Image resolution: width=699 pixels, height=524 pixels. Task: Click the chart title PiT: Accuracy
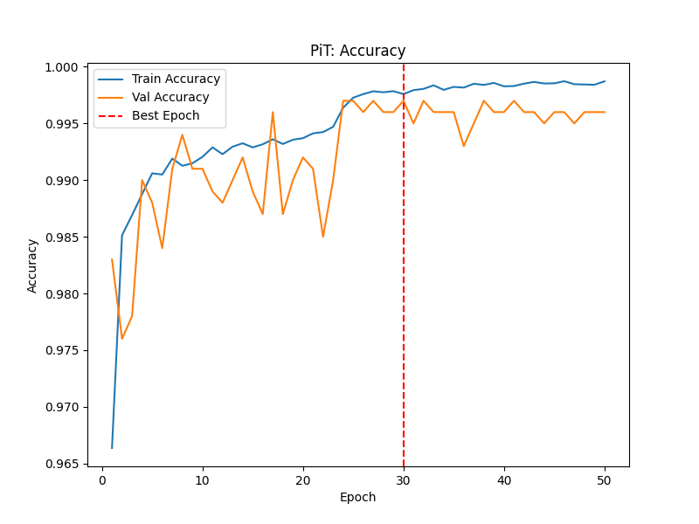point(357,51)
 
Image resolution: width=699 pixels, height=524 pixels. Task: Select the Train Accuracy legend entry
point(176,79)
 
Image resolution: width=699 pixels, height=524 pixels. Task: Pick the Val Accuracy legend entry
point(170,97)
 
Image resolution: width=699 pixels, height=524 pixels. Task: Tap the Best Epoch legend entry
point(165,115)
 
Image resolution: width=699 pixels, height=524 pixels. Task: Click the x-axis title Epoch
point(357,497)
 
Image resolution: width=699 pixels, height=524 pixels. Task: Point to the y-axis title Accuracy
point(32,265)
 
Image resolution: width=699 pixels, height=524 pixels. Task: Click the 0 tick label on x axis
point(102,480)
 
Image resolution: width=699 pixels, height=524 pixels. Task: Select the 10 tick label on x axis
point(203,480)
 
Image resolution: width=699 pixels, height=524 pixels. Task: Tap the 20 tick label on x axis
point(303,480)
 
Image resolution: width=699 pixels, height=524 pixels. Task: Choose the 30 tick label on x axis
point(404,480)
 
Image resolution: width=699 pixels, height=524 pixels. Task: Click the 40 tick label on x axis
point(504,480)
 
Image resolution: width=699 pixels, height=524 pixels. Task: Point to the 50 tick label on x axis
point(605,480)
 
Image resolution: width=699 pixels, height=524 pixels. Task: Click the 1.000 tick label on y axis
point(63,67)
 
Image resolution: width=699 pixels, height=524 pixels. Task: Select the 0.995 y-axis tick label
point(63,124)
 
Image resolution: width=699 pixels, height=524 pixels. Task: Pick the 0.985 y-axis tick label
point(63,238)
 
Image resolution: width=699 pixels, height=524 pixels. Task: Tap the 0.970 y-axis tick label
point(63,407)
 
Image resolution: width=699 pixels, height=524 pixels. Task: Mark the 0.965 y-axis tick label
point(63,464)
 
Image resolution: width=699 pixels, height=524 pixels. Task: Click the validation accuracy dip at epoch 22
point(323,237)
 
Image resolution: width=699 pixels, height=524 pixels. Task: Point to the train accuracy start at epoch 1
point(112,448)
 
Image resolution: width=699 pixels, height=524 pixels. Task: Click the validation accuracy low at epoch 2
point(122,339)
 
